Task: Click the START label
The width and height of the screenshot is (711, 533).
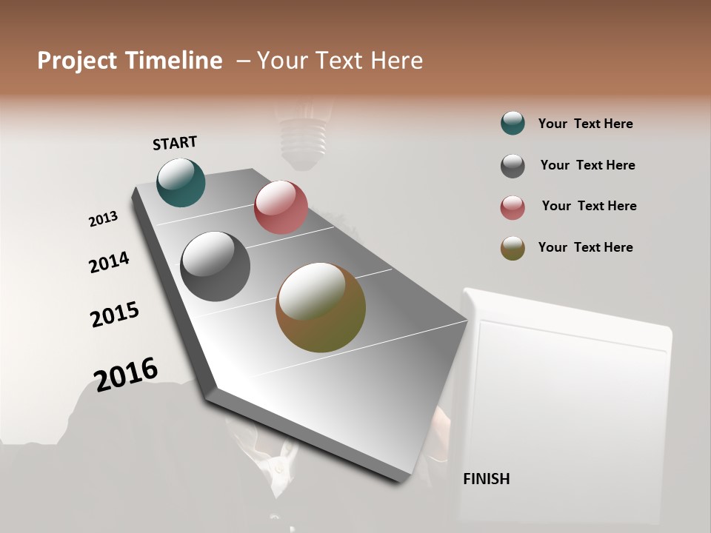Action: (175, 143)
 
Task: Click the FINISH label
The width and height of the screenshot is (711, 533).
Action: (486, 479)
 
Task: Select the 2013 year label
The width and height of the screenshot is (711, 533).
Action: (103, 219)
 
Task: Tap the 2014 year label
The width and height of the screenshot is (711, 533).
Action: (109, 262)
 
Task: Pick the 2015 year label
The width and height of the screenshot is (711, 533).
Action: (115, 315)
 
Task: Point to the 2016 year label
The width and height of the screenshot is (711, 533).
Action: (126, 374)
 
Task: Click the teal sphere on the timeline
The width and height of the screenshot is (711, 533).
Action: (181, 182)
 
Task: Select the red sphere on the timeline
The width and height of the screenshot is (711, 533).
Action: (281, 207)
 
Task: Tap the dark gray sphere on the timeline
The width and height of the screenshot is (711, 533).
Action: (215, 266)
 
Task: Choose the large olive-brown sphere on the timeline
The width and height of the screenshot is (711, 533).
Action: (321, 307)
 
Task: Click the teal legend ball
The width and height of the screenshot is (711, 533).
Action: (513, 123)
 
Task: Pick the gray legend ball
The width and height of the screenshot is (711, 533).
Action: (513, 166)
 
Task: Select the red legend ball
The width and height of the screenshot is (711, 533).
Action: (513, 207)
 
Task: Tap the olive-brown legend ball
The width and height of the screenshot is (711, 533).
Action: (513, 248)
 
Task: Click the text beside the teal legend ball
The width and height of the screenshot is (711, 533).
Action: (585, 124)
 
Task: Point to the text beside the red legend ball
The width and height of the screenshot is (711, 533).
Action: (589, 206)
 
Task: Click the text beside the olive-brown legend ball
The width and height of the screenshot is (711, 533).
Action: (585, 247)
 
